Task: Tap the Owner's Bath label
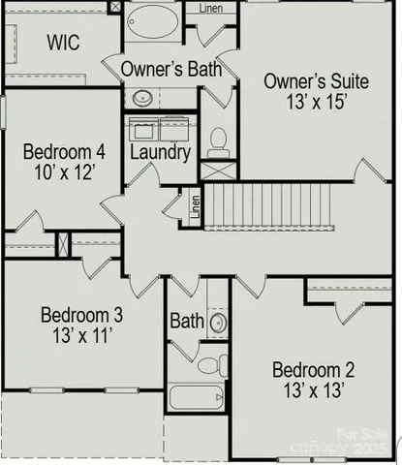click(x=170, y=69)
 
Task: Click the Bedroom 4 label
click(x=64, y=153)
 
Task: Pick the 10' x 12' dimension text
click(x=64, y=174)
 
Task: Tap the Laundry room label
click(x=160, y=153)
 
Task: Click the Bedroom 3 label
click(x=81, y=315)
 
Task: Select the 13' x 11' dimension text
click(x=81, y=336)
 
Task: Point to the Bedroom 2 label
click(x=313, y=369)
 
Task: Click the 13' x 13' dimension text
click(x=313, y=390)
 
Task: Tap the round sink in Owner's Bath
click(x=141, y=97)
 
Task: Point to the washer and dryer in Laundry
click(x=161, y=130)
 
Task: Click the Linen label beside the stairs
click(x=196, y=206)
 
